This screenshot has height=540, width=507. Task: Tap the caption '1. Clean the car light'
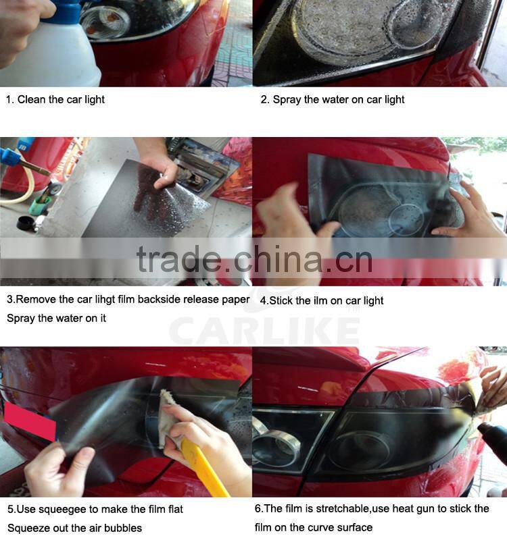pyautogui.click(x=55, y=99)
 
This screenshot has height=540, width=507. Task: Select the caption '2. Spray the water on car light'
pyautogui.click(x=333, y=99)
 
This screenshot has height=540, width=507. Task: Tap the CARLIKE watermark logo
pyautogui.click(x=264, y=331)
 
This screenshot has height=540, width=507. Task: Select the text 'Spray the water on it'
pyautogui.click(x=57, y=318)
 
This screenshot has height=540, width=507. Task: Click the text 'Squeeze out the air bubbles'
pyautogui.click(x=75, y=528)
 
